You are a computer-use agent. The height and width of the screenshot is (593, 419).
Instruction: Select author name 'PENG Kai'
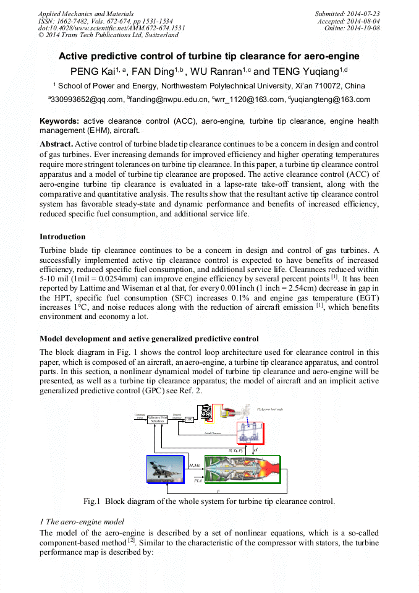click(91, 72)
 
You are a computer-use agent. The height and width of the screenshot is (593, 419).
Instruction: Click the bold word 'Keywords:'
click(60, 121)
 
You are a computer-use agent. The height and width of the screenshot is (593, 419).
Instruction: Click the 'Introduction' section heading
click(62, 237)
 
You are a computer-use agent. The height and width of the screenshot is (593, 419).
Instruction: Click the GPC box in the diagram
click(190, 419)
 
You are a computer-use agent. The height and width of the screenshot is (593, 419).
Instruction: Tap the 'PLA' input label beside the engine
click(198, 480)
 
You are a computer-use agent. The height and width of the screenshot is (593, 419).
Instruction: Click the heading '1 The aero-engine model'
click(82, 522)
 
